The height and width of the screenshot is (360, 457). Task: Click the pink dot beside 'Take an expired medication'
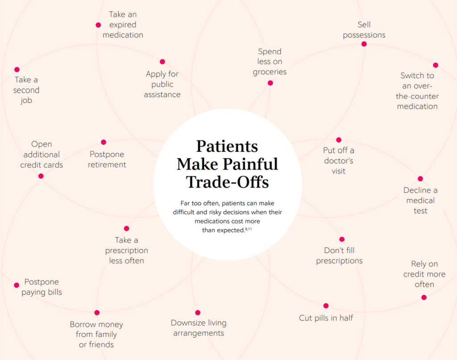(98, 25)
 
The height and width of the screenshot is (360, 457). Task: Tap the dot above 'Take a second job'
(17, 70)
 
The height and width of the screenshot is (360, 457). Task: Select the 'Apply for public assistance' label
(162, 84)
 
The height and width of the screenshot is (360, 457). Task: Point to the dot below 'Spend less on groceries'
(270, 83)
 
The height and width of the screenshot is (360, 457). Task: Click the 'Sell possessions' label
(364, 30)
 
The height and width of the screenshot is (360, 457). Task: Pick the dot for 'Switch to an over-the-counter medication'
(436, 65)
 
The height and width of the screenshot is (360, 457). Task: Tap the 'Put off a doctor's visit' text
(339, 160)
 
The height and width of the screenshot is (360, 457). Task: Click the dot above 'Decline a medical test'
(420, 179)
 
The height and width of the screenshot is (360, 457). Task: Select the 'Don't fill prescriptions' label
(339, 255)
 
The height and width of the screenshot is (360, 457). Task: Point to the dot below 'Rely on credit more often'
(424, 297)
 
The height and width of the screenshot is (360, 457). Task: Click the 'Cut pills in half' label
(326, 318)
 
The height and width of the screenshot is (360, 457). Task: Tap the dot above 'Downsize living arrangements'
(198, 313)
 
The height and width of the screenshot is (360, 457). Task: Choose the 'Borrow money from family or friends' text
(96, 335)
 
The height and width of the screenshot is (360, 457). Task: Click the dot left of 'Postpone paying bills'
(17, 285)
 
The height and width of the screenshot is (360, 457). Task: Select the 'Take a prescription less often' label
(127, 251)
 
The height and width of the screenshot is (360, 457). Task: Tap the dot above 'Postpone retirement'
(104, 142)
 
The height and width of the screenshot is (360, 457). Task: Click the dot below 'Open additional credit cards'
(41, 176)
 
